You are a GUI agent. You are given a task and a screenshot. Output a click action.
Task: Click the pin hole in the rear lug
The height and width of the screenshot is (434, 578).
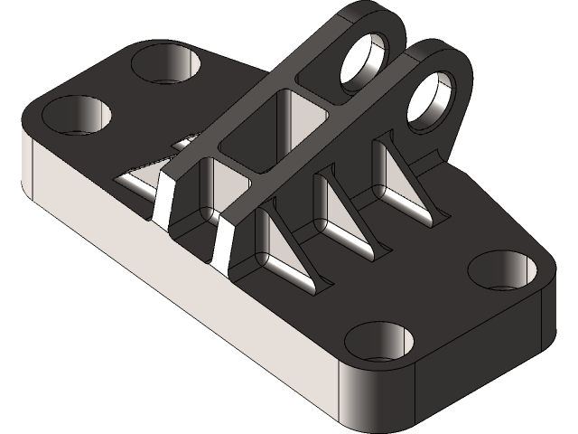[x=368, y=61]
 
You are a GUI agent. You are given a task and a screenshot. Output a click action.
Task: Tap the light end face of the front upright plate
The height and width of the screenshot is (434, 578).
[x=224, y=246]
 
